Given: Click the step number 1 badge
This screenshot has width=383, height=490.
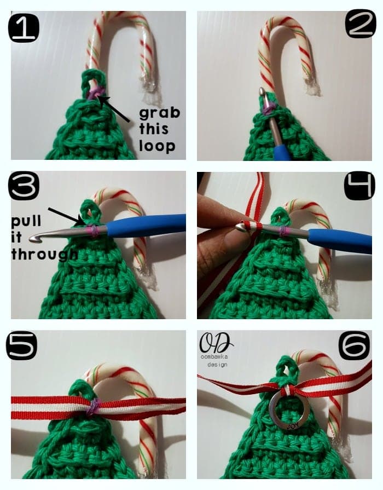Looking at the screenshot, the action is [24, 28].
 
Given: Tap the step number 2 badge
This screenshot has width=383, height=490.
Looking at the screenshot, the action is [361, 24].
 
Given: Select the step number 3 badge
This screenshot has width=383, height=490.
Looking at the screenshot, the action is [24, 186].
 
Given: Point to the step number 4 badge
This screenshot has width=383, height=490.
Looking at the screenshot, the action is [359, 186].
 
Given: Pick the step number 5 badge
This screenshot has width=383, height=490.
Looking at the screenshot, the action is [21, 346].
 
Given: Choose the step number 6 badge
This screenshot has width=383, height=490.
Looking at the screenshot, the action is [354, 346].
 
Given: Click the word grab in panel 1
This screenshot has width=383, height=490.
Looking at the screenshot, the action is [160, 113].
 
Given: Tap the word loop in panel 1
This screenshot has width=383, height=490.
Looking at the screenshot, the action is [157, 146].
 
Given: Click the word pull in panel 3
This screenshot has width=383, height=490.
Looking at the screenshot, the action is [26, 221].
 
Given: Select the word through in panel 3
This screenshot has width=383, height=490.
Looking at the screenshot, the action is [44, 255].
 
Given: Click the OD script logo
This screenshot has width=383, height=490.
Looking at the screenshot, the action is [216, 343].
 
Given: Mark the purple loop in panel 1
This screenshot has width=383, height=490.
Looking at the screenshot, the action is [95, 93].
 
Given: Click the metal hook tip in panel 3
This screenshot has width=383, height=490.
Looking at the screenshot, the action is [33, 239].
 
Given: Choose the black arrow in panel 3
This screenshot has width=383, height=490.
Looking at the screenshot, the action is [66, 216].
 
